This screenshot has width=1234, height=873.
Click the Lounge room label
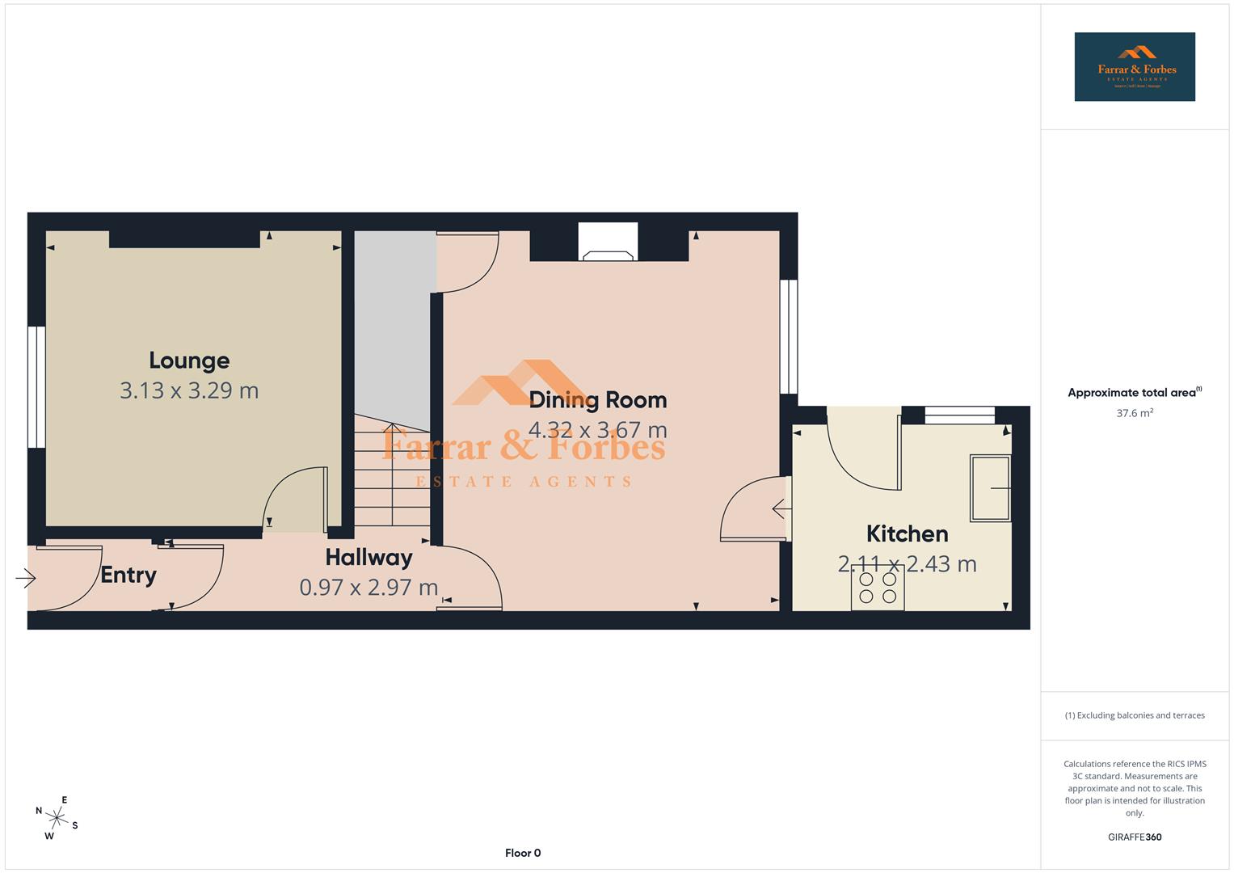tap(189, 361)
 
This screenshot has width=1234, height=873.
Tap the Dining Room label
tap(598, 400)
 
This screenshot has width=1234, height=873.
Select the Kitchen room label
tap(907, 533)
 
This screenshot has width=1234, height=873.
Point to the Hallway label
tap(369, 557)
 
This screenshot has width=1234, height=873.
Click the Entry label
tap(128, 575)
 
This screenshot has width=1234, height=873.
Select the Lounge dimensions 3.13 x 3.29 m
tap(189, 390)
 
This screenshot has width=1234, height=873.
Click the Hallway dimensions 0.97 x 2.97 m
tap(369, 587)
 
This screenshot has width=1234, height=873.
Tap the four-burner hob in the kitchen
tap(878, 588)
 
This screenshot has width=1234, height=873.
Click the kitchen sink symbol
tap(991, 488)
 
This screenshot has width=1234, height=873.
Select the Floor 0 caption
tap(523, 853)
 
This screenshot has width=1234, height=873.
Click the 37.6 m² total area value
tap(1135, 413)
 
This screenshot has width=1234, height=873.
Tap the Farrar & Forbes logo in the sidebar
tap(1135, 67)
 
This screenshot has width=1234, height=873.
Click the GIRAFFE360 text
tap(1135, 837)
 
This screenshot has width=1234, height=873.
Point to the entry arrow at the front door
tap(26, 578)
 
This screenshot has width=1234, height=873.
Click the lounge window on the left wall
tap(36, 386)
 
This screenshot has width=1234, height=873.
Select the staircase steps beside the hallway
tap(392, 477)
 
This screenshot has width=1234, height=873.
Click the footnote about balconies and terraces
tap(1135, 715)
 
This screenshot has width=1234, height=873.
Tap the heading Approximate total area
tap(1133, 393)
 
